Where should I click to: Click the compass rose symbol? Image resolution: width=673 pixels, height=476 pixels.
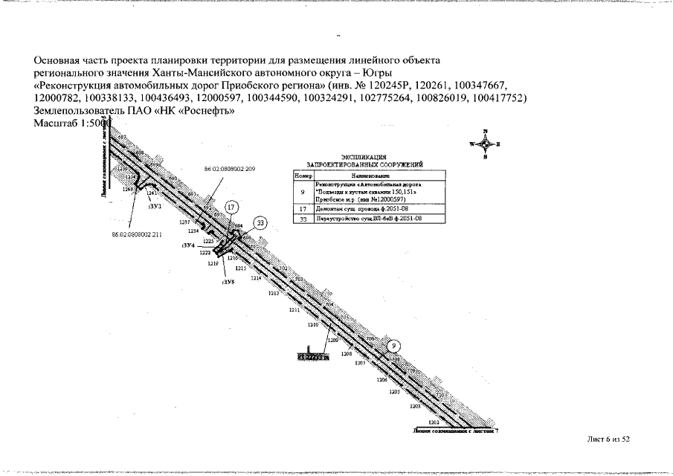coord(485,144)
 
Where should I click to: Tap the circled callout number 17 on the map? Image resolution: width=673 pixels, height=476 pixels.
coord(232,208)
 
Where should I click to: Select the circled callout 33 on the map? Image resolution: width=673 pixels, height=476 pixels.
coord(260,222)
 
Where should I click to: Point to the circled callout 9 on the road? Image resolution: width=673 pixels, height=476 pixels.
coord(394,345)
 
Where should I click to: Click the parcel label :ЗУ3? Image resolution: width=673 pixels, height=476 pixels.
coord(155,206)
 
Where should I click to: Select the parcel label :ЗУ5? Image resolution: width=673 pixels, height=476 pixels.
coord(228,283)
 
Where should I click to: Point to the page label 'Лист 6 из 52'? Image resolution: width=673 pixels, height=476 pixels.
coord(608,440)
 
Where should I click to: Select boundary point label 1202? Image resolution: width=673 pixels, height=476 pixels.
coord(433,422)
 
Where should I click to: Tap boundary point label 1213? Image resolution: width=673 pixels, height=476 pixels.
coord(273,293)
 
